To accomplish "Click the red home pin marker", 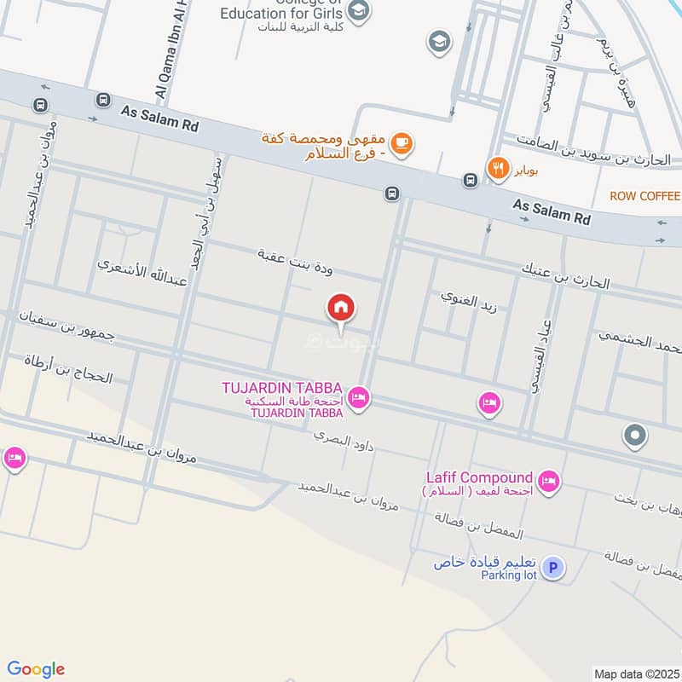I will (x=341, y=308).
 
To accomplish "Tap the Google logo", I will (x=36, y=669).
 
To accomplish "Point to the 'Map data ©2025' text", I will (x=637, y=674).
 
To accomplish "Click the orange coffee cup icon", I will (x=403, y=144).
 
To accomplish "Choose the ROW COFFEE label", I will (x=644, y=196).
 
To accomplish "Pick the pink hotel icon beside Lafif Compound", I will (x=550, y=483).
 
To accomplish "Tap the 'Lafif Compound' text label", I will (x=479, y=477).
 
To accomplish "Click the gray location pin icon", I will (x=635, y=436).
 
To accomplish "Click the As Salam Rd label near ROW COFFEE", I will (x=551, y=212).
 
